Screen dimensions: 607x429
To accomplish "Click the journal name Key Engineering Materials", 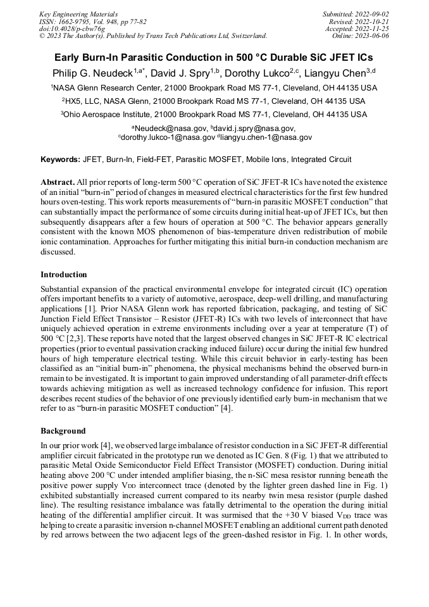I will point(78,13).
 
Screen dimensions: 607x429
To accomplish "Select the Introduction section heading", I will point(64,275).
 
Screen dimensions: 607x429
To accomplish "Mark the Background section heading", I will point(63,430).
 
